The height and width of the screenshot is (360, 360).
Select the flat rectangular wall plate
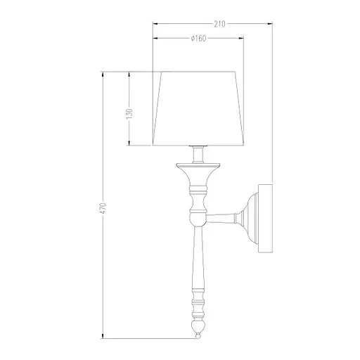[x=266, y=218]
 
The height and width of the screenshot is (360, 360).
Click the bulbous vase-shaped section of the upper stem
[x=198, y=208]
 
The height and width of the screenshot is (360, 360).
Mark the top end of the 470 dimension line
[x=104, y=71]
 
